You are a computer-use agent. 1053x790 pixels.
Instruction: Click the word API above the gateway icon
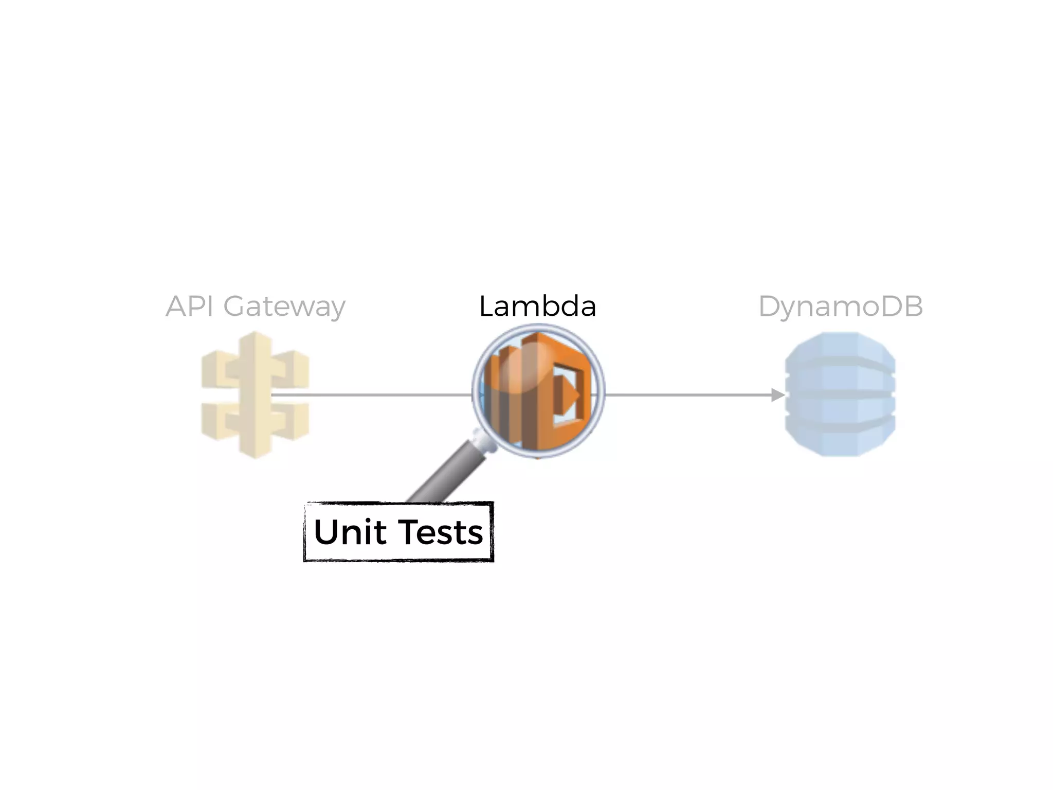point(189,307)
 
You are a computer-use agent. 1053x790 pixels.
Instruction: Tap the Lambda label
point(537,307)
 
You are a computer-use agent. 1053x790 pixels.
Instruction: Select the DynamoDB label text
point(841,307)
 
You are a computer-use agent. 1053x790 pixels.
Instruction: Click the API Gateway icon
point(255,394)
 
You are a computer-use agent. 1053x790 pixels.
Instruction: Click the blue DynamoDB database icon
point(840,394)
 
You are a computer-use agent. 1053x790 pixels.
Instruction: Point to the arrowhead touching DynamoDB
point(778,395)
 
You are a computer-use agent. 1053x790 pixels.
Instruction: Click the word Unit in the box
point(350,532)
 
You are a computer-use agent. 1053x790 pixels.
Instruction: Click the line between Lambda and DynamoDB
point(689,395)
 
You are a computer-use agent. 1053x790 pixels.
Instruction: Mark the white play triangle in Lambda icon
point(569,394)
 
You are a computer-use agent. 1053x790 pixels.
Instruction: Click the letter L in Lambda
point(486,307)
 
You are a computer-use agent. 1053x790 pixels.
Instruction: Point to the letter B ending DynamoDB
point(913,307)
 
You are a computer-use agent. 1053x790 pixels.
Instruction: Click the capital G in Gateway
point(235,307)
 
